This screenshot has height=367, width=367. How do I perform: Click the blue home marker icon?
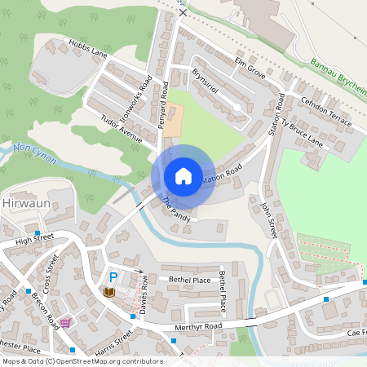pos(183,176)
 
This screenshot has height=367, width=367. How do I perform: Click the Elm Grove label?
pos(250,69)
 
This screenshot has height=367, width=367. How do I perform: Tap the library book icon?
pos(108,292)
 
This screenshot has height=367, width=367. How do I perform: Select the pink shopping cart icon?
pos(65,322)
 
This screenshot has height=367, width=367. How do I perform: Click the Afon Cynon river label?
pos(34,152)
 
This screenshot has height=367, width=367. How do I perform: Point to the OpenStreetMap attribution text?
pos(82,360)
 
